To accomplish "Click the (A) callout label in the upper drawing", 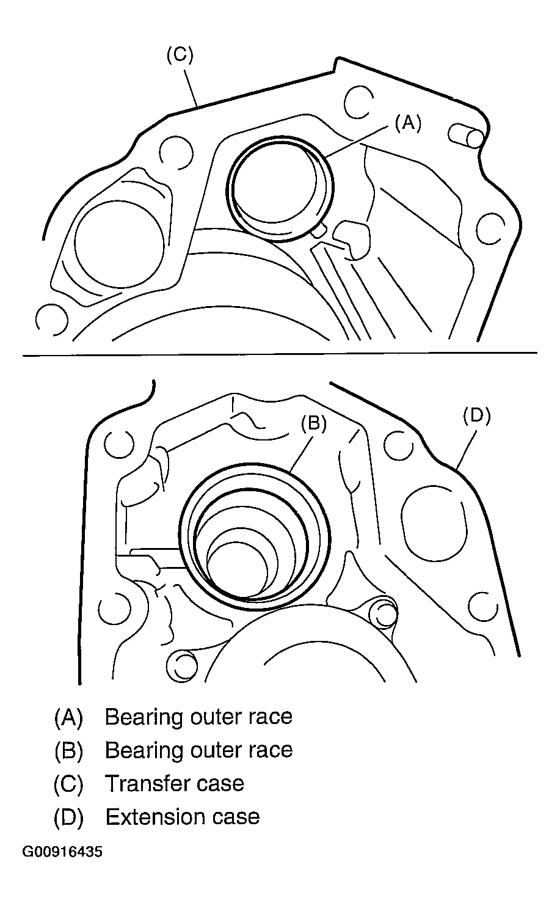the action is point(408,123).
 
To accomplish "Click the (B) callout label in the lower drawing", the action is point(314,423).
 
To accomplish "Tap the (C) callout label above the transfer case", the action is point(180,55).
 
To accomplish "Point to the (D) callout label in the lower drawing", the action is point(476,416).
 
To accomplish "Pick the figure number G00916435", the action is point(62,852).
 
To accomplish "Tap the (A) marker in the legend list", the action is point(68,718).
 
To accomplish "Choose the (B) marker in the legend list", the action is point(68,751).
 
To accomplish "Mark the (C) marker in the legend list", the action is point(68,784).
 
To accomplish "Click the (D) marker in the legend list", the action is point(68,817).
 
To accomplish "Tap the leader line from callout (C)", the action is point(191,88).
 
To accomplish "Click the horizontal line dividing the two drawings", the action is point(280,354).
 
